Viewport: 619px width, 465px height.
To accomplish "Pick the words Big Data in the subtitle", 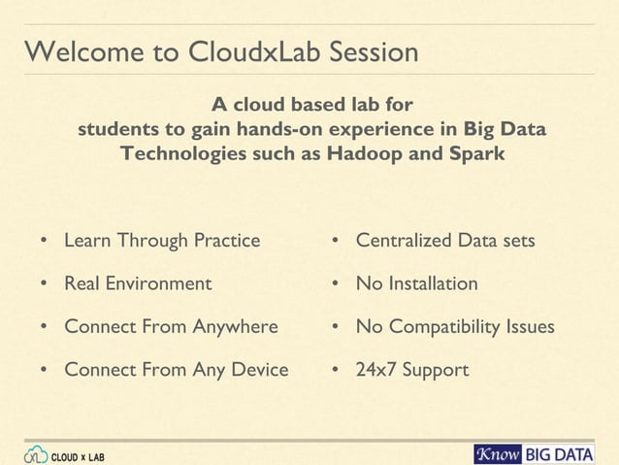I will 505,129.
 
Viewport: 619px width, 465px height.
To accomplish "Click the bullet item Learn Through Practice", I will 162,240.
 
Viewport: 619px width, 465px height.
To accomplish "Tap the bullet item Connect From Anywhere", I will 171,327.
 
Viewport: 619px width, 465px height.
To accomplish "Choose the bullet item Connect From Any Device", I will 176,370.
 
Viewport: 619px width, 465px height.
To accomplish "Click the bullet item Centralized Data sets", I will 445,240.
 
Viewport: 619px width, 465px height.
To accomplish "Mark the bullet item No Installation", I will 417,283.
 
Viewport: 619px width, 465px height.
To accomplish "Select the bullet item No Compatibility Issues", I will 455,327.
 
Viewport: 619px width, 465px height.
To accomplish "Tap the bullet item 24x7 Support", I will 412,370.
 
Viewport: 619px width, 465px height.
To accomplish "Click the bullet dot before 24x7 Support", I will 333,371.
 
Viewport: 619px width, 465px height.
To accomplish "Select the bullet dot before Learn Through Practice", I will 44,241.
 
